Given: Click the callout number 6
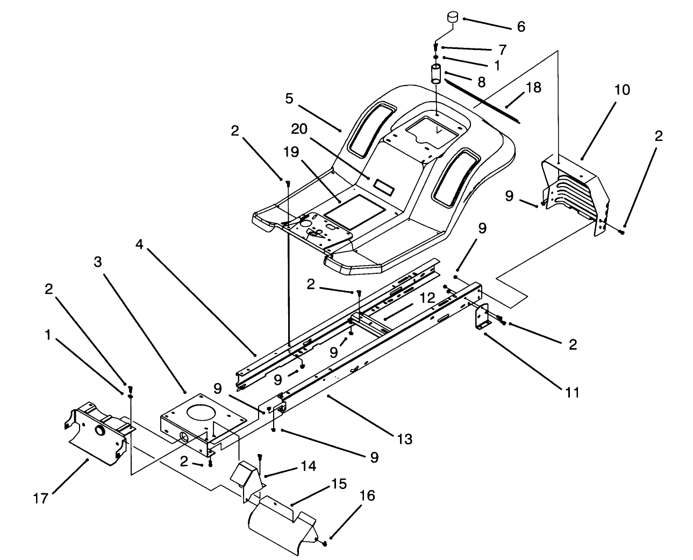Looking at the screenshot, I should tap(520, 26).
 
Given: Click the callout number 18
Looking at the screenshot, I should tap(533, 87).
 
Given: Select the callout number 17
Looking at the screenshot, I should tap(41, 499).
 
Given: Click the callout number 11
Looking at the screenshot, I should tap(573, 392).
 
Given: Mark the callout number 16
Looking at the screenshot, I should tap(367, 495).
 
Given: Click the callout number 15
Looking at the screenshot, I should tap(339, 483).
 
